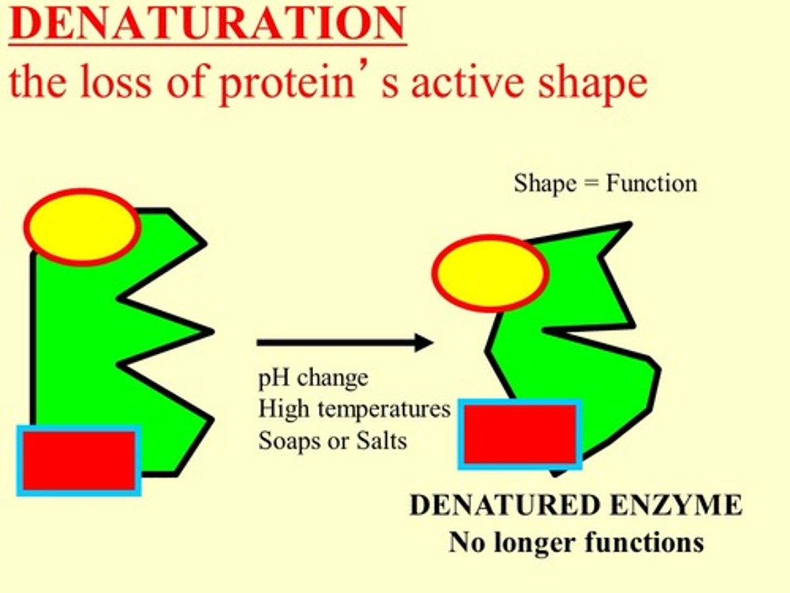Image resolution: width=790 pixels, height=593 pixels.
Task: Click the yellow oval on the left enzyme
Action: click(82, 227)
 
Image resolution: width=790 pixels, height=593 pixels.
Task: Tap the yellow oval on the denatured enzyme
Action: click(490, 273)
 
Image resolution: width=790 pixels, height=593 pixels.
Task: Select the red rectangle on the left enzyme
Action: click(79, 461)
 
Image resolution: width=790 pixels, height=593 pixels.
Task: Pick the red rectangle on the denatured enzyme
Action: click(520, 434)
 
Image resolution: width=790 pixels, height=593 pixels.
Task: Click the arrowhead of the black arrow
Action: click(424, 343)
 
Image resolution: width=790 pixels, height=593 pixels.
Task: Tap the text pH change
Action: click(313, 378)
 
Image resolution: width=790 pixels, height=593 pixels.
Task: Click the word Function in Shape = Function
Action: click(651, 183)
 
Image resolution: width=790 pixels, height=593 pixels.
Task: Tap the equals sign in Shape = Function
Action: click(591, 183)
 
